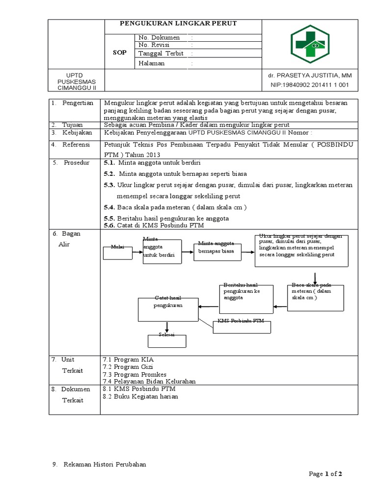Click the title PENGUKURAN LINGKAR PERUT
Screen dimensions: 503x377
182,24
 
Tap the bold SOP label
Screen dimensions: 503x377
120,52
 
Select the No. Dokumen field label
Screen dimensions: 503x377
159,37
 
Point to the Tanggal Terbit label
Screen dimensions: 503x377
161,54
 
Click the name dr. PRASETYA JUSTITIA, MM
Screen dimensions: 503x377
310,76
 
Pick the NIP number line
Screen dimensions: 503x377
309,85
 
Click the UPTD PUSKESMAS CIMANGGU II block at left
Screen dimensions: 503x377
77,81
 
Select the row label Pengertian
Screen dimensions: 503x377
78,103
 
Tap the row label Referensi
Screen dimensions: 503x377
78,144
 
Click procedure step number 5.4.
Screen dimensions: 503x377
109,207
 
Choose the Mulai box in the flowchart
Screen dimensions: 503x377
117,252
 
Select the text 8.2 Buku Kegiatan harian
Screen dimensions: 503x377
140,396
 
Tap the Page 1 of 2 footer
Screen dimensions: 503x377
325,474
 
